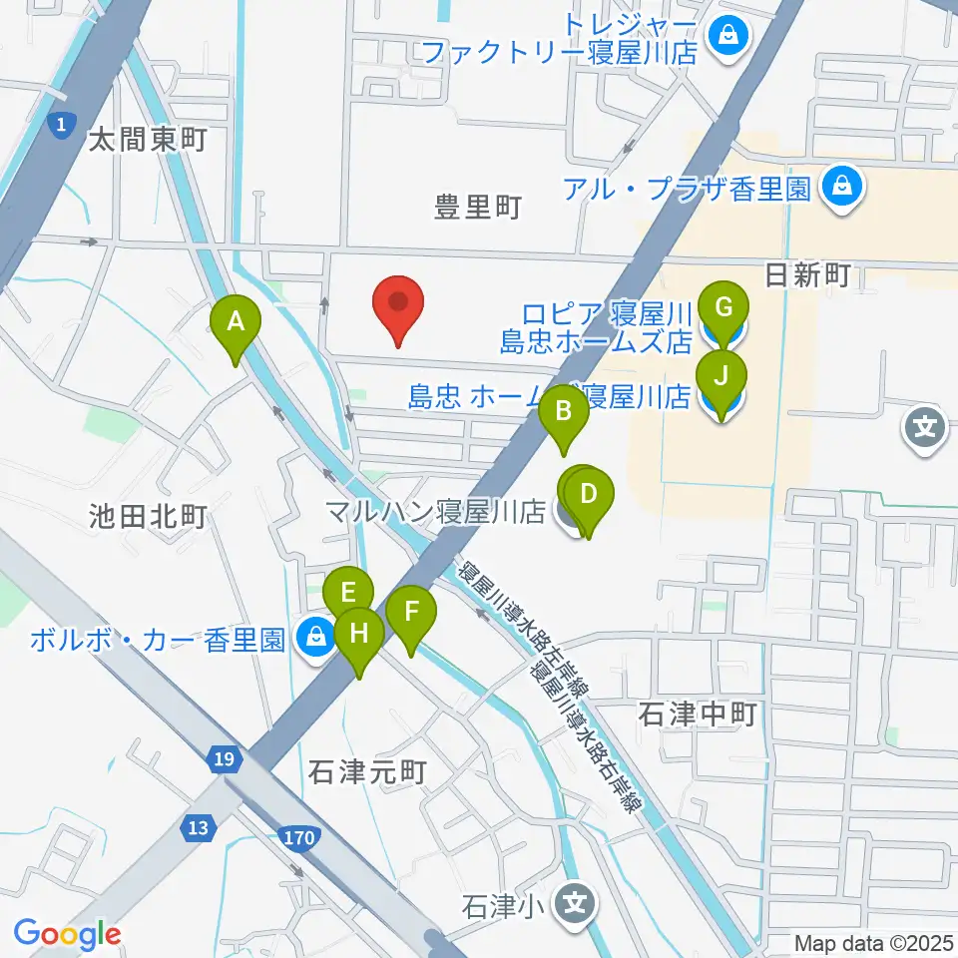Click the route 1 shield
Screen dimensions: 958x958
tap(63, 125)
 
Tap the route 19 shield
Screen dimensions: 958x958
tap(225, 760)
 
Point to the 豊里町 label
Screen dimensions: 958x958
tap(478, 208)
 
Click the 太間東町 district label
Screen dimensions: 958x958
tap(147, 139)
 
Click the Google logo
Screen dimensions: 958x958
tap(67, 934)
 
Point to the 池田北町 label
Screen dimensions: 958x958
tap(148, 516)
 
